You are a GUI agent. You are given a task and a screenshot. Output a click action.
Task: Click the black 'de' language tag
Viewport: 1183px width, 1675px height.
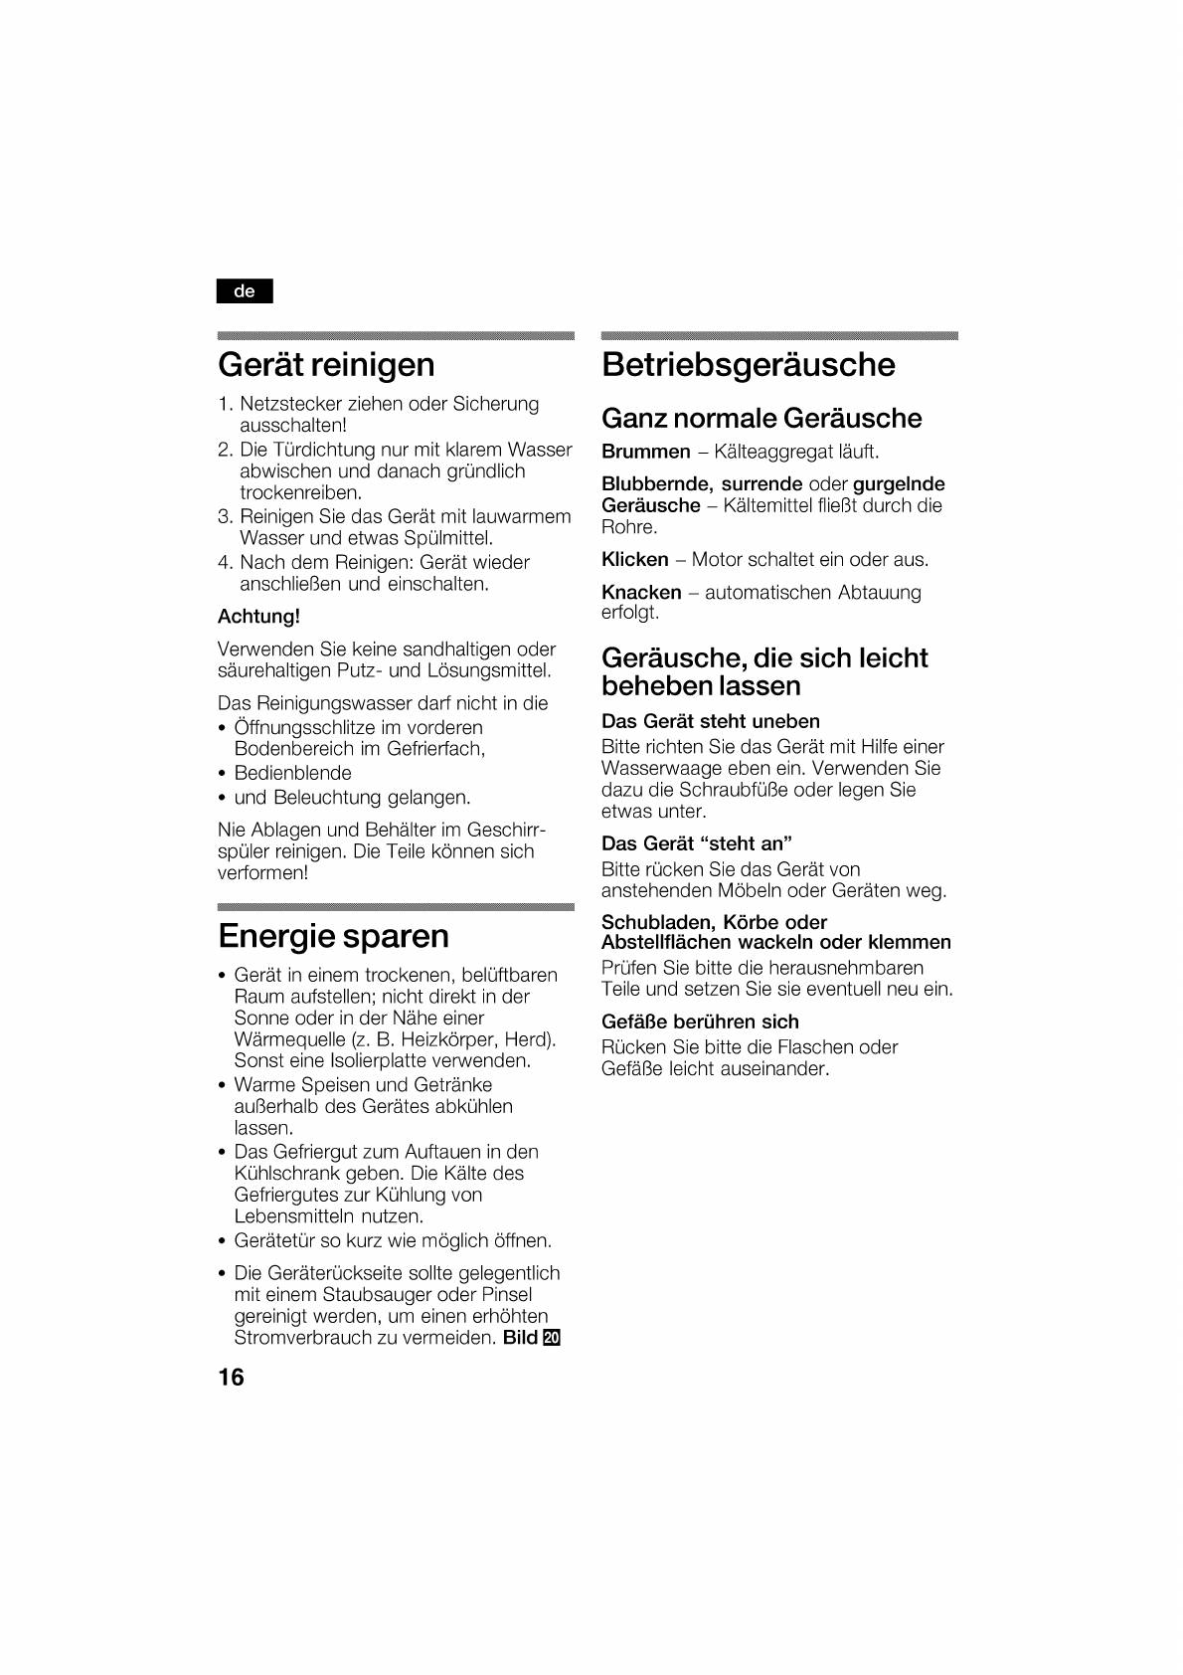[x=245, y=291]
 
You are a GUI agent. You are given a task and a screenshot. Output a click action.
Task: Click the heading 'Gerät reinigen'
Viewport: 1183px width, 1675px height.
[x=326, y=364]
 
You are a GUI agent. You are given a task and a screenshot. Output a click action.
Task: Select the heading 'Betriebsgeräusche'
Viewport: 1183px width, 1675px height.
[x=748, y=364]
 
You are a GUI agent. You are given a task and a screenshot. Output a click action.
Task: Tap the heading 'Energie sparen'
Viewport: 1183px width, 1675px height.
[x=333, y=936]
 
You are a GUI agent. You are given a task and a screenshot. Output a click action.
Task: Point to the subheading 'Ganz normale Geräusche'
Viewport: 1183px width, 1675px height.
[x=761, y=418]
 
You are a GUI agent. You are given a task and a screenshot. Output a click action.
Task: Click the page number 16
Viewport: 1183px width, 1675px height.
[x=231, y=1378]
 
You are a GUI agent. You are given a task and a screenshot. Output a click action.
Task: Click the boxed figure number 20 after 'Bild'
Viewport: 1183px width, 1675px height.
[x=552, y=1338]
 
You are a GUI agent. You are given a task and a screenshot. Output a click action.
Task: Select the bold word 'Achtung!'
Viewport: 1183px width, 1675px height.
[x=258, y=617]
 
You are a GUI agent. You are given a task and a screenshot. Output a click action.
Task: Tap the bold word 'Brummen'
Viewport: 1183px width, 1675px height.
[x=645, y=452]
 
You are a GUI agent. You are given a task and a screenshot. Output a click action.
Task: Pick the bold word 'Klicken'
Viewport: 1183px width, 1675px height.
[x=634, y=559]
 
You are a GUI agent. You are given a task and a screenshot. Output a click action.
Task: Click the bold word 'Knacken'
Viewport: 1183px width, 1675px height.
[x=641, y=592]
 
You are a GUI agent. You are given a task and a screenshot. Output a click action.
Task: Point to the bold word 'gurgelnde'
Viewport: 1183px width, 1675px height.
[x=892, y=483]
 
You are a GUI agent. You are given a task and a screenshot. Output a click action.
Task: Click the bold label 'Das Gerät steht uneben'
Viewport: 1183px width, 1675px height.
[x=710, y=721]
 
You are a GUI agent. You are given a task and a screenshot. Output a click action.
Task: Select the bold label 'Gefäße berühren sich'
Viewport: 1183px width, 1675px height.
[x=700, y=1022]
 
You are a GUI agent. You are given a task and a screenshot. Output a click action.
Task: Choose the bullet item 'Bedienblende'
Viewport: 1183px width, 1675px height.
[x=292, y=773]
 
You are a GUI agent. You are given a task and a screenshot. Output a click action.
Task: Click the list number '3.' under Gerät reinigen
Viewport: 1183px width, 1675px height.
[x=225, y=516]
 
